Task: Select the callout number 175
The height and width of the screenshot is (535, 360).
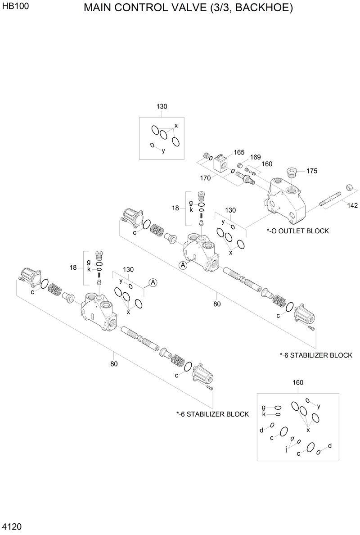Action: pos(312,171)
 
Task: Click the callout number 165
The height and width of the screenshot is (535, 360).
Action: pos(238,153)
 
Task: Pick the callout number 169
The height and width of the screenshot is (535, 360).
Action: pos(255,157)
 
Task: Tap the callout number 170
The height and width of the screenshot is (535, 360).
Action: pos(205,178)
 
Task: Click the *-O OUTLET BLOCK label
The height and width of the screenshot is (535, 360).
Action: pos(297,231)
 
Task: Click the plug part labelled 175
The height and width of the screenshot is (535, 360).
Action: pos(291,172)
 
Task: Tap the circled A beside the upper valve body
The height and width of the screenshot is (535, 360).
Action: pos(183,265)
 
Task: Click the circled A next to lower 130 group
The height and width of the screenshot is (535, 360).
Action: pos(153,282)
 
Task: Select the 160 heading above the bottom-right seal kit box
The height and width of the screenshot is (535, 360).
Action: pos(298,382)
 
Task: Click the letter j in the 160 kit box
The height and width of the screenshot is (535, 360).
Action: pos(287,449)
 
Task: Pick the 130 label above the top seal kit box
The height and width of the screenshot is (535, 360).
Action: pos(162,107)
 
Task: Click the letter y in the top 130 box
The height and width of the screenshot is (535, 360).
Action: pos(163,151)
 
